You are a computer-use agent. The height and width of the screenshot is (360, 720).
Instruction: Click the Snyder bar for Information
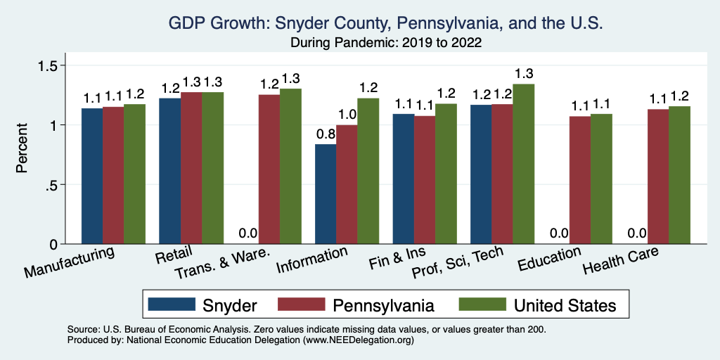pos(326,194)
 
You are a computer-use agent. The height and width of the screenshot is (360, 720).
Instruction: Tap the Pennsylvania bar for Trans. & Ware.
pos(269,169)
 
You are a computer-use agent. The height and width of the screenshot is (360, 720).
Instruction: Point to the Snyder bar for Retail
pos(169,171)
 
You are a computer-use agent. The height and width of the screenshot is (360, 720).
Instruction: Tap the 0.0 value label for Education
pos(558,233)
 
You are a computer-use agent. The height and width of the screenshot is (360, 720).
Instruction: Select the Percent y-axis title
pos(22,148)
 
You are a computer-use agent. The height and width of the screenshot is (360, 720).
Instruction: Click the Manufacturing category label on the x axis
pos(69,262)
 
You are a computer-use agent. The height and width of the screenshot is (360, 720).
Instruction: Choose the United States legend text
pos(565,305)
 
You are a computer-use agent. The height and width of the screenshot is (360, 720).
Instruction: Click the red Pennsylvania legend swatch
pos(302,304)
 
